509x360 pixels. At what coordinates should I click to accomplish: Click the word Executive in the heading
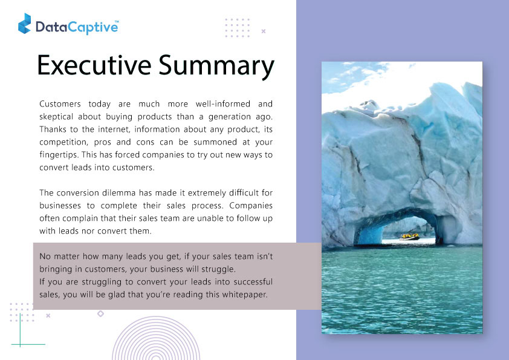pos(94,65)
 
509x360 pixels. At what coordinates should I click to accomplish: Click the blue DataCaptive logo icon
pos(24,24)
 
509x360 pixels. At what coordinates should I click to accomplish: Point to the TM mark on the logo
pos(117,22)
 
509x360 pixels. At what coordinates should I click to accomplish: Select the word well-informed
pos(222,103)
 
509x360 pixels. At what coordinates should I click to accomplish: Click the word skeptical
pos(56,117)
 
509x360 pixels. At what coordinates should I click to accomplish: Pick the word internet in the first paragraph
pos(114,129)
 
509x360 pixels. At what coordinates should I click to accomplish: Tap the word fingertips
pos(59,155)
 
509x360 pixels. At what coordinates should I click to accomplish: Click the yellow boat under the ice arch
pos(410,236)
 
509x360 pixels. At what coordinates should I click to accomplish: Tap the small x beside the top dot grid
pos(264,31)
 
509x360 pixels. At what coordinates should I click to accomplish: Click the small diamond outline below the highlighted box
pos(100,313)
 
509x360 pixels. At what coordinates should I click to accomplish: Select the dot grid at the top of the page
pos(238,28)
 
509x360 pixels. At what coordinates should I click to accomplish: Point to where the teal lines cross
pos(20,344)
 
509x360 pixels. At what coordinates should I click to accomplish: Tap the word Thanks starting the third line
pos(53,129)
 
